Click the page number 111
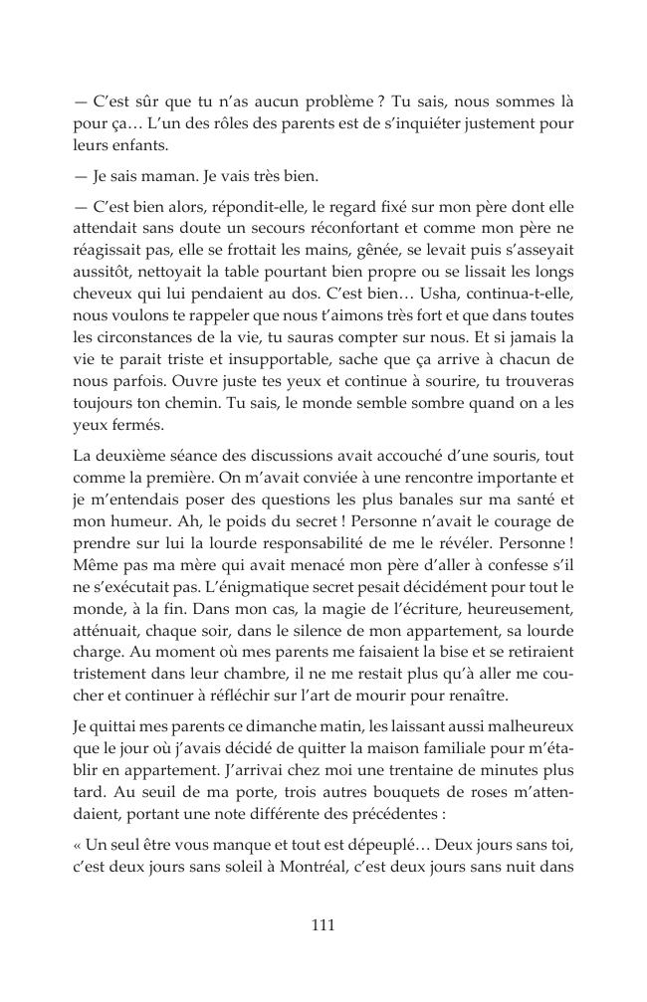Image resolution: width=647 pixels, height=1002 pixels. (x=323, y=924)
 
